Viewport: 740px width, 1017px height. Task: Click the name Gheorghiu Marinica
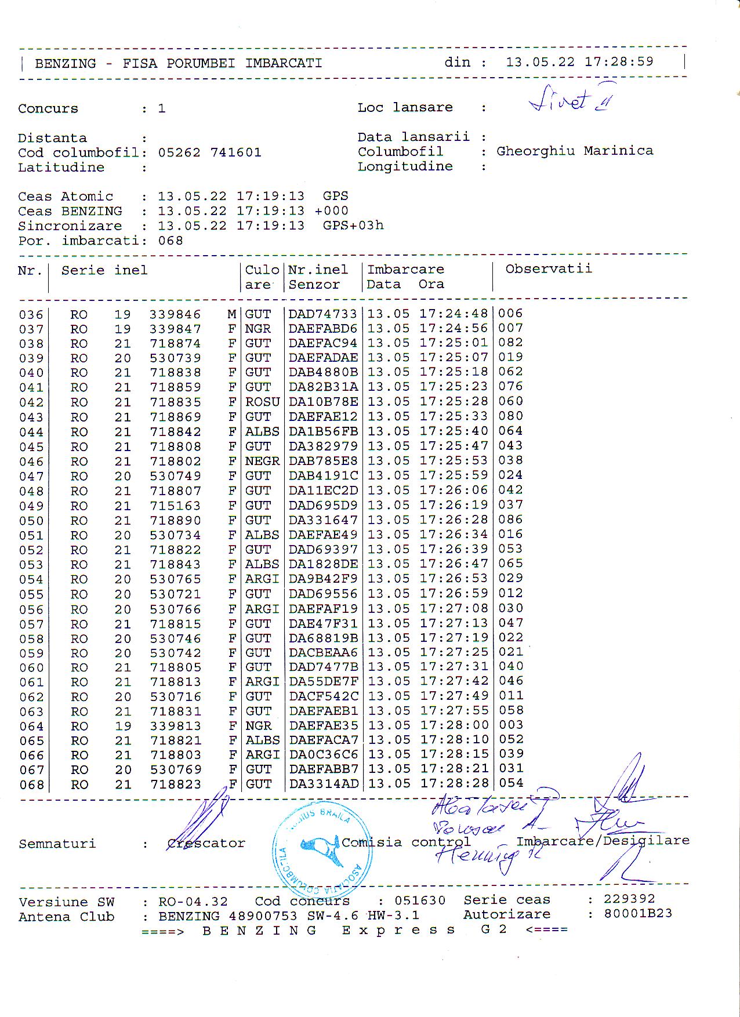pyautogui.click(x=574, y=151)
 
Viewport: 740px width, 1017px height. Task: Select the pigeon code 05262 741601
pyautogui.click(x=209, y=152)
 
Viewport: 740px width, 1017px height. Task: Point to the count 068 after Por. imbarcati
pyautogui.click(x=171, y=241)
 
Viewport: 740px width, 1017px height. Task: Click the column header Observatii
pyautogui.click(x=548, y=268)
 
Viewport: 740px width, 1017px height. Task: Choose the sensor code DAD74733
pyautogui.click(x=322, y=314)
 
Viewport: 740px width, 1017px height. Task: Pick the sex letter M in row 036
pyautogui.click(x=231, y=314)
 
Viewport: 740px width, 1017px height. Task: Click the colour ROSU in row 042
pyautogui.click(x=262, y=402)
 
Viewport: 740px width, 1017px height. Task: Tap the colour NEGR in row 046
pyautogui.click(x=262, y=462)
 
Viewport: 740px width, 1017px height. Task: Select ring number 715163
pyautogui.click(x=175, y=506)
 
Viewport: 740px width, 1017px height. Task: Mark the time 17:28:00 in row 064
pyautogui.click(x=454, y=725)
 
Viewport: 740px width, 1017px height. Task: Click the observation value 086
pyautogui.click(x=510, y=520)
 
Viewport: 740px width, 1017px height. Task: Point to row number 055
pyautogui.click(x=31, y=594)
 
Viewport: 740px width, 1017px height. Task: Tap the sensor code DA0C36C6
pyautogui.click(x=323, y=755)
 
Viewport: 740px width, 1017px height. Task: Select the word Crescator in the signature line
pyautogui.click(x=206, y=843)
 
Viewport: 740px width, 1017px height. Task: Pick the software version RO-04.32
pyautogui.click(x=193, y=902)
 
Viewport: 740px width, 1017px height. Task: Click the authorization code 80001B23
pyautogui.click(x=638, y=914)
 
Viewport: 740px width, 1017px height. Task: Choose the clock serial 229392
pyautogui.click(x=629, y=899)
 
